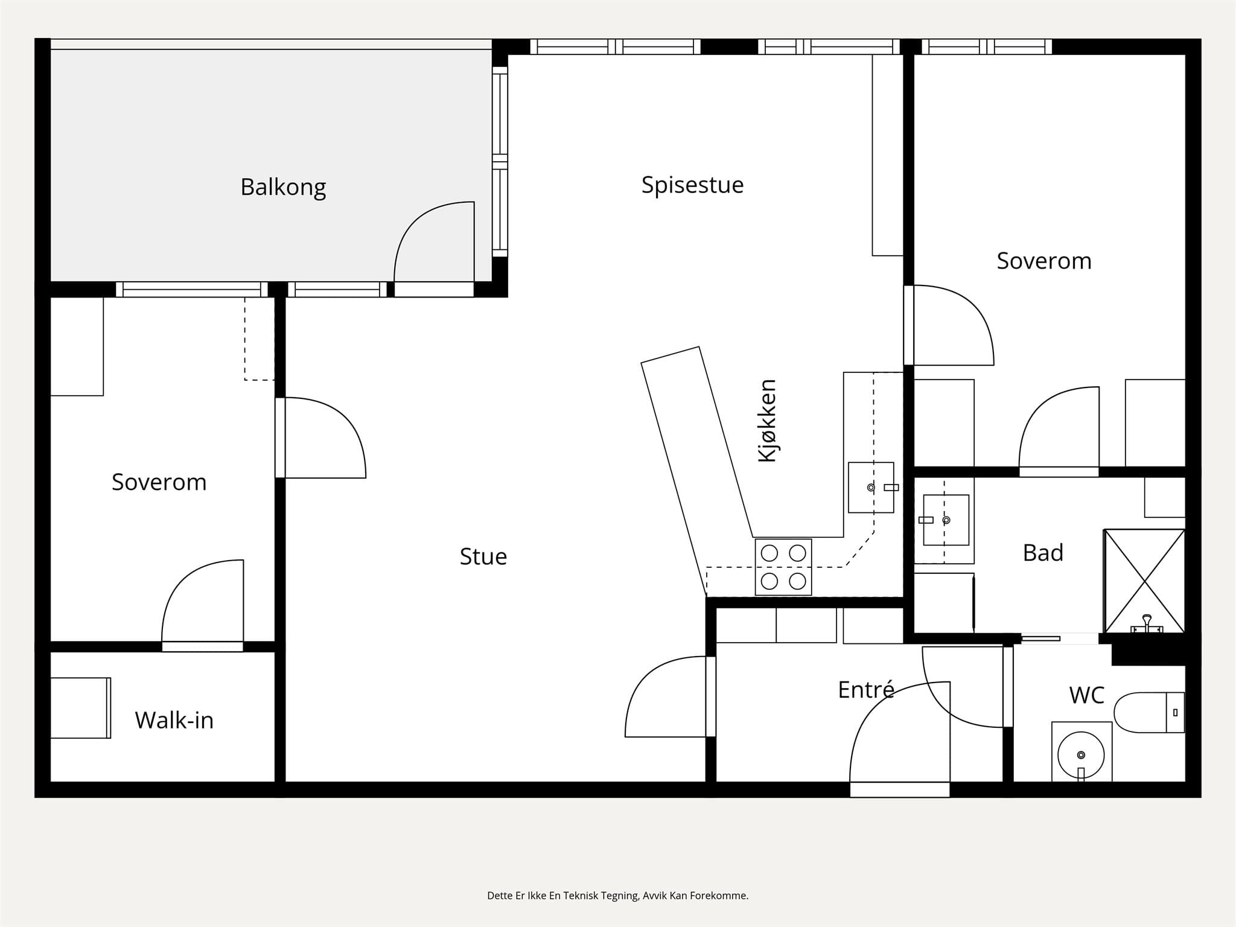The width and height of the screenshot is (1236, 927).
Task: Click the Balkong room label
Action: pyautogui.click(x=283, y=187)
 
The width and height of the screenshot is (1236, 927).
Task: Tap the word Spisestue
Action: pyautogui.click(x=692, y=185)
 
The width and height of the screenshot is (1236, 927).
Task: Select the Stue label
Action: pyautogui.click(x=483, y=556)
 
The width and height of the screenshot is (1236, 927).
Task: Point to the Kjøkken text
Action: pyautogui.click(x=767, y=421)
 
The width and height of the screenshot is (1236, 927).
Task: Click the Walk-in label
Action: pyautogui.click(x=174, y=720)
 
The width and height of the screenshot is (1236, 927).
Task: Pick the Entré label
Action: pyautogui.click(x=866, y=689)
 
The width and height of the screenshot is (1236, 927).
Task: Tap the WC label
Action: pyautogui.click(x=1086, y=695)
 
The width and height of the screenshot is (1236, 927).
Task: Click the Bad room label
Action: pyautogui.click(x=1043, y=553)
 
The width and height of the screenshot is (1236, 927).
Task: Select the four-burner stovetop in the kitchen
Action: pyautogui.click(x=783, y=567)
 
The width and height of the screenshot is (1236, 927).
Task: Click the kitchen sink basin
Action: pyautogui.click(x=871, y=488)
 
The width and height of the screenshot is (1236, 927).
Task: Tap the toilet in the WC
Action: pyautogui.click(x=1149, y=712)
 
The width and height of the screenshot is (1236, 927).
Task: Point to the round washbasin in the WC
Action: pyautogui.click(x=1081, y=754)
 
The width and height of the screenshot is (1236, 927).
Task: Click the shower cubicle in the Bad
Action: pyautogui.click(x=1144, y=581)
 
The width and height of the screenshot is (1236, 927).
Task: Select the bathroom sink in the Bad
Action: pyautogui.click(x=946, y=520)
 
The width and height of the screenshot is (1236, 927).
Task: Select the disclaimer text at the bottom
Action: pyautogui.click(x=617, y=896)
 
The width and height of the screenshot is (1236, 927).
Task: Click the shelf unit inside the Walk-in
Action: pyautogui.click(x=80, y=708)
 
